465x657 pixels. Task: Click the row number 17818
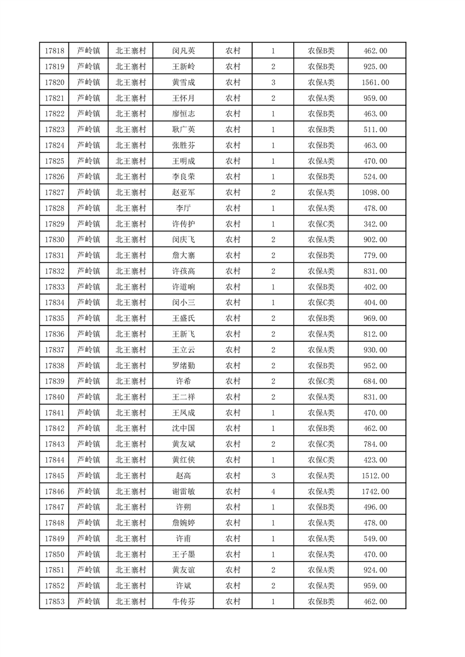54,51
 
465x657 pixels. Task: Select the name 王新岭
183,67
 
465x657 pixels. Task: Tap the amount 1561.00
376,83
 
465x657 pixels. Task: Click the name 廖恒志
183,114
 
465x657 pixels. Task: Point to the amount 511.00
376,129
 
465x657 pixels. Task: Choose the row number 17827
54,193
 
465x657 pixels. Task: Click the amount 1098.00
376,193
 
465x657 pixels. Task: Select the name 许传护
183,224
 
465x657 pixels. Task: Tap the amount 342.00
376,224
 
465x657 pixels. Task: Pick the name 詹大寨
183,255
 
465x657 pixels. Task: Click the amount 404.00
376,303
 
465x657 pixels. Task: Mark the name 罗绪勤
183,365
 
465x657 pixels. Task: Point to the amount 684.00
376,381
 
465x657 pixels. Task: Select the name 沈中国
183,429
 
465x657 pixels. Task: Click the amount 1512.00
376,475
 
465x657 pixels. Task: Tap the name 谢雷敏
183,491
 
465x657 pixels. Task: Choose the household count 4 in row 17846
273,491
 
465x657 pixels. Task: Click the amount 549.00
376,539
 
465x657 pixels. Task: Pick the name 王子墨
183,554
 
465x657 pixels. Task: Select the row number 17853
54,601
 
